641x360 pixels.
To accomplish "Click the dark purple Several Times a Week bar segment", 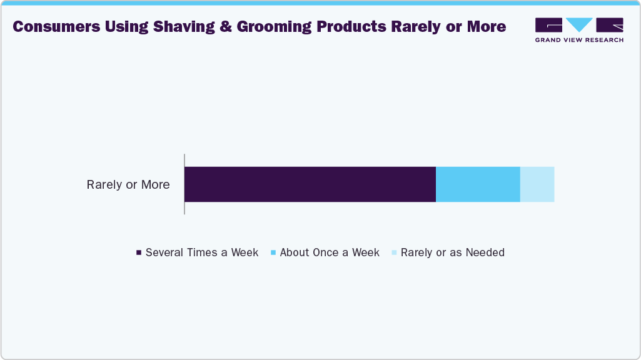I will tap(310, 184).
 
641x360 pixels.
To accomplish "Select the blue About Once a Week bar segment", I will tap(478, 184).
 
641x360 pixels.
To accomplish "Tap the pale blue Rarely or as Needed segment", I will tap(537, 184).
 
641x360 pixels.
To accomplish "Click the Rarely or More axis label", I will tap(128, 185).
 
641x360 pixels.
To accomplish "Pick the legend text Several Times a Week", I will tap(202, 252).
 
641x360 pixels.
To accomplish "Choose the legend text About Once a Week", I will tap(330, 252).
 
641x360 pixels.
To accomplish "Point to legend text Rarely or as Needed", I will tap(452, 252).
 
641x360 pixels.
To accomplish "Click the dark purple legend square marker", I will tap(139, 253).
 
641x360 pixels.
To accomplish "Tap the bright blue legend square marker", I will tap(273, 253).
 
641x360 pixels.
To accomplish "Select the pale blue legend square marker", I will tap(394, 253).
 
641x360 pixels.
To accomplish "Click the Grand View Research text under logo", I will tap(579, 40).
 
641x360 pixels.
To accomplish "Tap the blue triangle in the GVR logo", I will tap(579, 25).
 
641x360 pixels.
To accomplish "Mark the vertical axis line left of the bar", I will tap(184, 184).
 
